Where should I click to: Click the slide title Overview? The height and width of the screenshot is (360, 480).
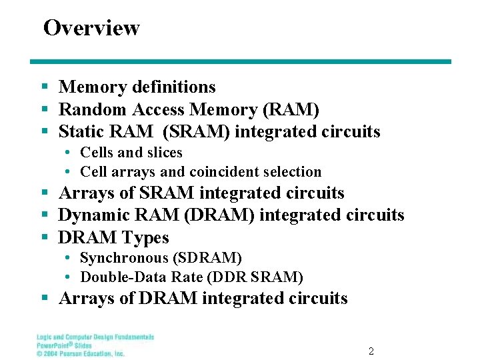(x=91, y=28)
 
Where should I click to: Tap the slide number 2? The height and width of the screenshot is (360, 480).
(x=371, y=351)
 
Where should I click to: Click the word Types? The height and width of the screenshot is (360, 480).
(x=147, y=238)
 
